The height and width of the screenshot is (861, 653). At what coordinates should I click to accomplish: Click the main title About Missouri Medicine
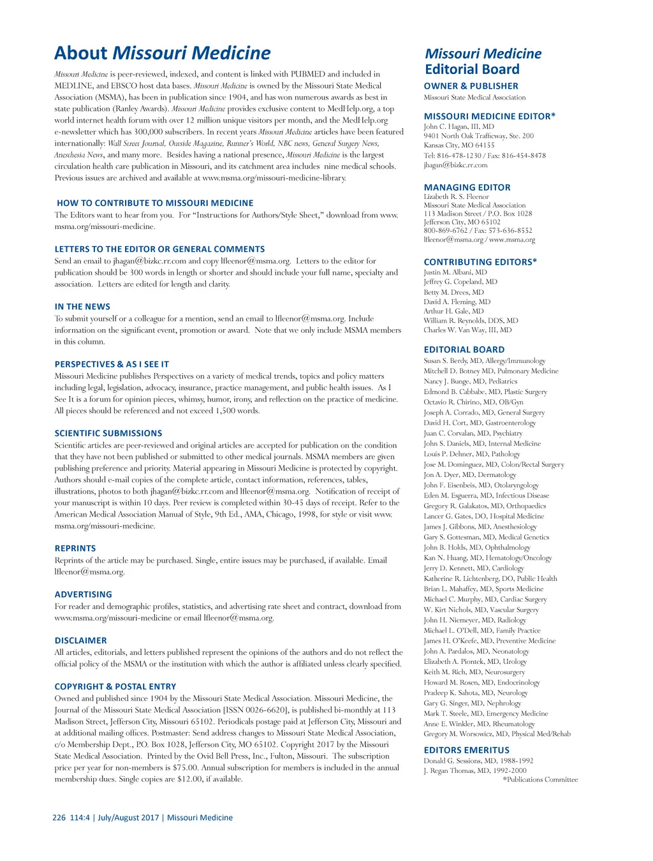162,53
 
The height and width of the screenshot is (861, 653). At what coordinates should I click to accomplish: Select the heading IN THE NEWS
82,307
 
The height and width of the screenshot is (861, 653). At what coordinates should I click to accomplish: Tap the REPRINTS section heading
75,548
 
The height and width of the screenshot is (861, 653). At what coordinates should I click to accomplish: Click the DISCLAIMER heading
80,640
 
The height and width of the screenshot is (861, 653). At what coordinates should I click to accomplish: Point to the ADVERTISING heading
83,594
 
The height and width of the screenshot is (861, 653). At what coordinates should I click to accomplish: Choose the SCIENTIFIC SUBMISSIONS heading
108,433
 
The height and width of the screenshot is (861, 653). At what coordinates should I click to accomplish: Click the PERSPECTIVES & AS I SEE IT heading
112,364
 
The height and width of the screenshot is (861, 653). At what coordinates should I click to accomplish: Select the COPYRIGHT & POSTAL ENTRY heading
115,687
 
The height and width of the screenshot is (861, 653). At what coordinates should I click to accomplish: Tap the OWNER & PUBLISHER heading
471,86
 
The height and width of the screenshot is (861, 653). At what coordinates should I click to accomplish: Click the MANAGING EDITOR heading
467,188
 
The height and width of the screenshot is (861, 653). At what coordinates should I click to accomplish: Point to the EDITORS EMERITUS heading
466,750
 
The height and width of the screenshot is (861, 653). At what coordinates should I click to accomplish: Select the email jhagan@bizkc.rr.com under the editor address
455,165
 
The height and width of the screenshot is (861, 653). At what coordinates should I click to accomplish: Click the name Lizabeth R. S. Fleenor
456,196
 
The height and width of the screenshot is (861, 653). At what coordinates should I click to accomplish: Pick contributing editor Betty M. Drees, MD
453,292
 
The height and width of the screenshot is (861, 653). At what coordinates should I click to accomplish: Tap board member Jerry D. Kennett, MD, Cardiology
474,568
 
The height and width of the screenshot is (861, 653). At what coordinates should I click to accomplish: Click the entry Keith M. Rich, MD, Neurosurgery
474,672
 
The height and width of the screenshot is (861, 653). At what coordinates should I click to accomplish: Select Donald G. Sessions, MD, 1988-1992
478,760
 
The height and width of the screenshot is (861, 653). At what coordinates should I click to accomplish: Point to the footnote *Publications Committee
540,779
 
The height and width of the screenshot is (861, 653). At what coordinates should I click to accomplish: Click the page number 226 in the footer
59,818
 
